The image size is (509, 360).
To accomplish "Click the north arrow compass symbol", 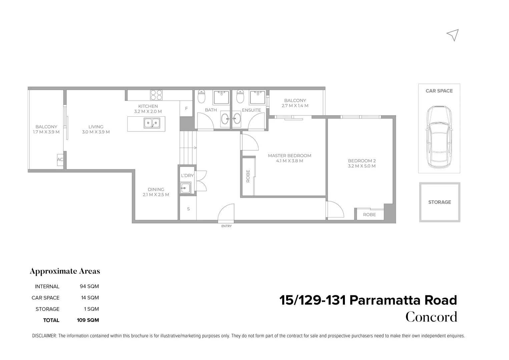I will (x=453, y=35).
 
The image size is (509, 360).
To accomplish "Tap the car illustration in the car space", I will (x=439, y=137).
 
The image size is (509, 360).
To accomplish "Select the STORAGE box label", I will (x=439, y=202).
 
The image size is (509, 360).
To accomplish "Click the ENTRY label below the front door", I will (x=226, y=226).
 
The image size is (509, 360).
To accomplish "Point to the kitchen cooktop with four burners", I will (x=156, y=95).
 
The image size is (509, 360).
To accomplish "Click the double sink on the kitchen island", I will (x=151, y=123).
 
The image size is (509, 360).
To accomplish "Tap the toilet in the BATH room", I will (x=201, y=97).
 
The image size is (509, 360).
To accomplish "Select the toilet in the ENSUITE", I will (x=240, y=97).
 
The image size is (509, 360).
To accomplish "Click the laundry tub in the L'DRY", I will (x=185, y=188).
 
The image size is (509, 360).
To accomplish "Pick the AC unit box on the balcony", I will (x=60, y=160).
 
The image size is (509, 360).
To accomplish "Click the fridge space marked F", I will (x=186, y=109).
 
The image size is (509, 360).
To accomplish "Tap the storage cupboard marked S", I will (x=188, y=209).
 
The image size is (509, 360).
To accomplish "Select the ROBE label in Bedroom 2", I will (x=369, y=215).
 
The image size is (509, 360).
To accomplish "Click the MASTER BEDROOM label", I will (x=289, y=156).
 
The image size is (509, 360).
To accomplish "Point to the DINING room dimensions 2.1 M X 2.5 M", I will (x=156, y=195).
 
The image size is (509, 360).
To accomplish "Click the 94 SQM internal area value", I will (x=89, y=286).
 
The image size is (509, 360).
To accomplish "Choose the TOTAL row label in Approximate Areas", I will (x=51, y=320).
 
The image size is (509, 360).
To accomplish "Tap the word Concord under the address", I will (x=431, y=317).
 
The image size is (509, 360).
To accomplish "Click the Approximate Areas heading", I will (x=65, y=271).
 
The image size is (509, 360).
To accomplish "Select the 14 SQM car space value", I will (x=90, y=298).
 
